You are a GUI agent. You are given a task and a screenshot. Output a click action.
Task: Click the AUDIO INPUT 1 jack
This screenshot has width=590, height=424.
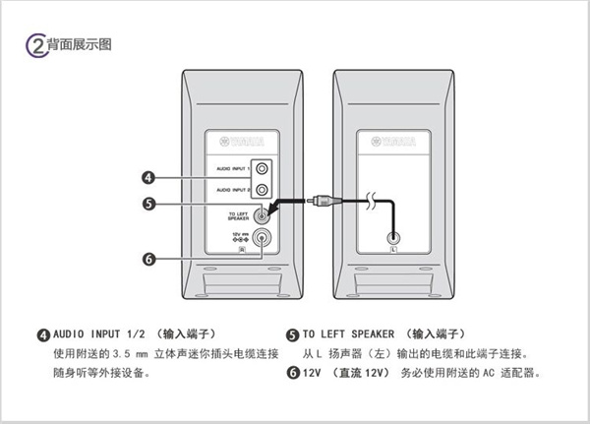(261, 168)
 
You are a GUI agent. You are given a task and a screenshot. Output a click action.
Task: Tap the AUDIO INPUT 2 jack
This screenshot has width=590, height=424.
(261, 186)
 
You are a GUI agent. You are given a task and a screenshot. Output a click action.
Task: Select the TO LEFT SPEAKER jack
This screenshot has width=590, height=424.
(263, 214)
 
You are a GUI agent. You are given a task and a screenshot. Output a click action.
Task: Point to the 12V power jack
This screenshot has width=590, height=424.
(263, 236)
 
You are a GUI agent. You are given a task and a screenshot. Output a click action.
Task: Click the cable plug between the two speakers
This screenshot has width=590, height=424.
(321, 204)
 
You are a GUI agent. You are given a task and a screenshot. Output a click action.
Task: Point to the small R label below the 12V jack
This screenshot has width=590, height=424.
(239, 250)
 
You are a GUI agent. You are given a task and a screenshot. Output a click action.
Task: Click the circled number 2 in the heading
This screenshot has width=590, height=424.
(33, 45)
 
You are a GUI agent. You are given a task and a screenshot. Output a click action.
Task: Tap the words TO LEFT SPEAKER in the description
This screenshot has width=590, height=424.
(351, 334)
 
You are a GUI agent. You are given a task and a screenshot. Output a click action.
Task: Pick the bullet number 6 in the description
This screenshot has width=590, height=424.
(292, 373)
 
